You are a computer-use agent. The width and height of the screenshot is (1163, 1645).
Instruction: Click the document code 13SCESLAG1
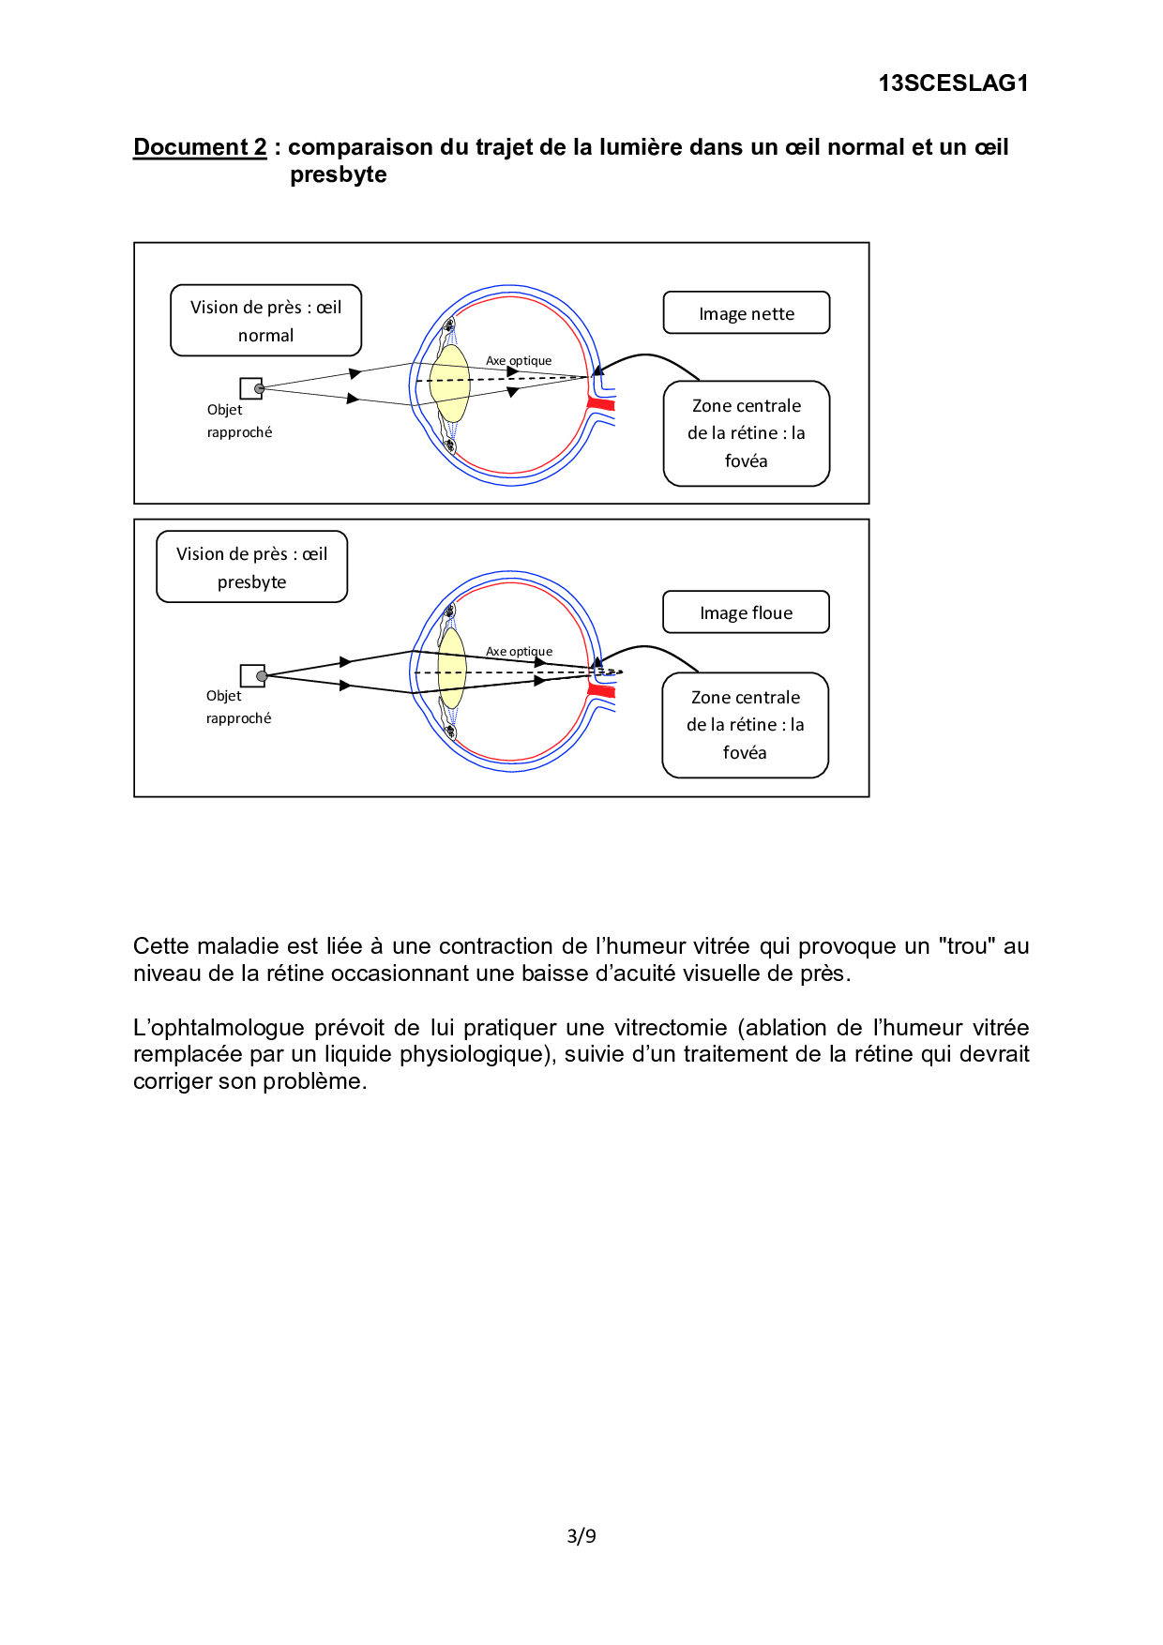point(953,83)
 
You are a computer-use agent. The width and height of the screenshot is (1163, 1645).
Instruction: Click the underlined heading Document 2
point(200,147)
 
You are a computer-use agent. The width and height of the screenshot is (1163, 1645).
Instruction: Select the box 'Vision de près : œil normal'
point(265,321)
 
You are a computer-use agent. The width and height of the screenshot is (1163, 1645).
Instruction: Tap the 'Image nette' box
point(747,313)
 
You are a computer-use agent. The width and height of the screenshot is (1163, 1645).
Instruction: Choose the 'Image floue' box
point(747,612)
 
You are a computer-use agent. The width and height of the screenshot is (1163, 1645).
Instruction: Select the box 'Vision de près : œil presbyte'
point(251,567)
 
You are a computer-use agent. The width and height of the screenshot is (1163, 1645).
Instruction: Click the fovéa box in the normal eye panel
point(747,433)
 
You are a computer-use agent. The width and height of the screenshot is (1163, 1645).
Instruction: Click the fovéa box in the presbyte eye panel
point(746,725)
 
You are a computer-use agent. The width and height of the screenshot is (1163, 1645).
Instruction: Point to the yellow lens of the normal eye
point(450,384)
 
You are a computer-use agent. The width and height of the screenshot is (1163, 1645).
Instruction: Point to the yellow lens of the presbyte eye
point(452,669)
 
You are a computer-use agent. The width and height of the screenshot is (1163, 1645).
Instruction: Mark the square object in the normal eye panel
point(250,388)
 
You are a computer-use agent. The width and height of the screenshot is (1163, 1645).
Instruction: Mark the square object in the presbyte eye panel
point(251,675)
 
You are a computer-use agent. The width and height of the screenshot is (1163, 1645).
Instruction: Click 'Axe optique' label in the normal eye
point(519,361)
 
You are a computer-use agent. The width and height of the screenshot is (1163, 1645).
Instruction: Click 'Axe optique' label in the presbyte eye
point(519,652)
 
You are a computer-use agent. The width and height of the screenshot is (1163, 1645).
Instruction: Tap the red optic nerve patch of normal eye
point(601,404)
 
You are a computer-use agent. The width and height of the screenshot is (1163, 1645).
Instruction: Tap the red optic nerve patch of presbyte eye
point(601,692)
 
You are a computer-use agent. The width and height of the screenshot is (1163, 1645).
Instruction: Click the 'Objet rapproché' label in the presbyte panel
point(238,707)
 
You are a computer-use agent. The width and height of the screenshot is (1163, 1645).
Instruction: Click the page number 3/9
point(581,1536)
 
